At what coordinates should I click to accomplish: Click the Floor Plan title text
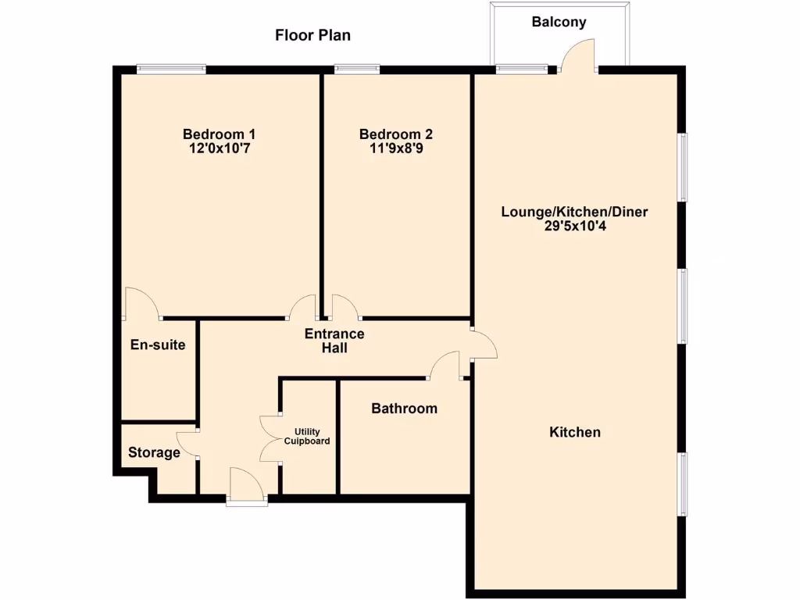[x=312, y=35]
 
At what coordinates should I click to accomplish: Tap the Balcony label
[x=559, y=22]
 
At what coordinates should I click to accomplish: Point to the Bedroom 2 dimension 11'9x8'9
[x=395, y=148]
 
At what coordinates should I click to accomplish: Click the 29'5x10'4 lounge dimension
[x=574, y=227]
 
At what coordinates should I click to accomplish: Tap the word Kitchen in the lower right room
[x=575, y=432]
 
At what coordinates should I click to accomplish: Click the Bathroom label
[x=404, y=409]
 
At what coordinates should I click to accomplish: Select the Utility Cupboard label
[x=312, y=436]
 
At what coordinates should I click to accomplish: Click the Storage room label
[x=154, y=452]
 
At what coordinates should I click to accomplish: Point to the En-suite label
[x=158, y=344]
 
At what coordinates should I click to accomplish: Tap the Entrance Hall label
[x=334, y=341]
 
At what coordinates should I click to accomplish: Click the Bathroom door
[x=445, y=365]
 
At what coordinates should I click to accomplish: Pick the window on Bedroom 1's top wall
[x=171, y=69]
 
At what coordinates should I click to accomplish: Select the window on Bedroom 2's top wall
[x=357, y=69]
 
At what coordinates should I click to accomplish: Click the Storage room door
[x=187, y=445]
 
